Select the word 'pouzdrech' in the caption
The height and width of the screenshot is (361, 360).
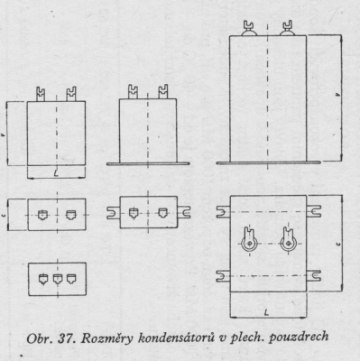tap(299, 338)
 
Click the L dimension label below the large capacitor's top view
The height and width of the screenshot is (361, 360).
tap(266, 313)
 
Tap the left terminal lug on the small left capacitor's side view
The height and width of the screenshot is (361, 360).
tap(41, 94)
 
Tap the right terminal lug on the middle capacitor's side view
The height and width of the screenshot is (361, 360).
tap(162, 91)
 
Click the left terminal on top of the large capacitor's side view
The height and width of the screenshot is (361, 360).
tap(249, 29)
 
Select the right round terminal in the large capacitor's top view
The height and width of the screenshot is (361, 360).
tap(288, 240)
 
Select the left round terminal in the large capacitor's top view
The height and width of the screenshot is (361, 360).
tap(249, 240)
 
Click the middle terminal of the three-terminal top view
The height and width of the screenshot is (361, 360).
tap(58, 279)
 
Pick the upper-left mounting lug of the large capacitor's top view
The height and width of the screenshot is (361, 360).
tap(224, 211)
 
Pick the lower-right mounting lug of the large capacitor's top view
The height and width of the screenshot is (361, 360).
tap(314, 276)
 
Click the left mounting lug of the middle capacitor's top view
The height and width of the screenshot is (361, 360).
tap(114, 212)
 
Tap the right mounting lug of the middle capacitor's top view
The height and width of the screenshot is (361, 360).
tap(184, 212)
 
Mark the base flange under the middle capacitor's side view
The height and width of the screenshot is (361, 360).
tap(148, 163)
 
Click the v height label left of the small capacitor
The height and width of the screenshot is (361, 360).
tap(3, 135)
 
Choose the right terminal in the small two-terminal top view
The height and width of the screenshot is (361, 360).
tap(71, 215)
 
